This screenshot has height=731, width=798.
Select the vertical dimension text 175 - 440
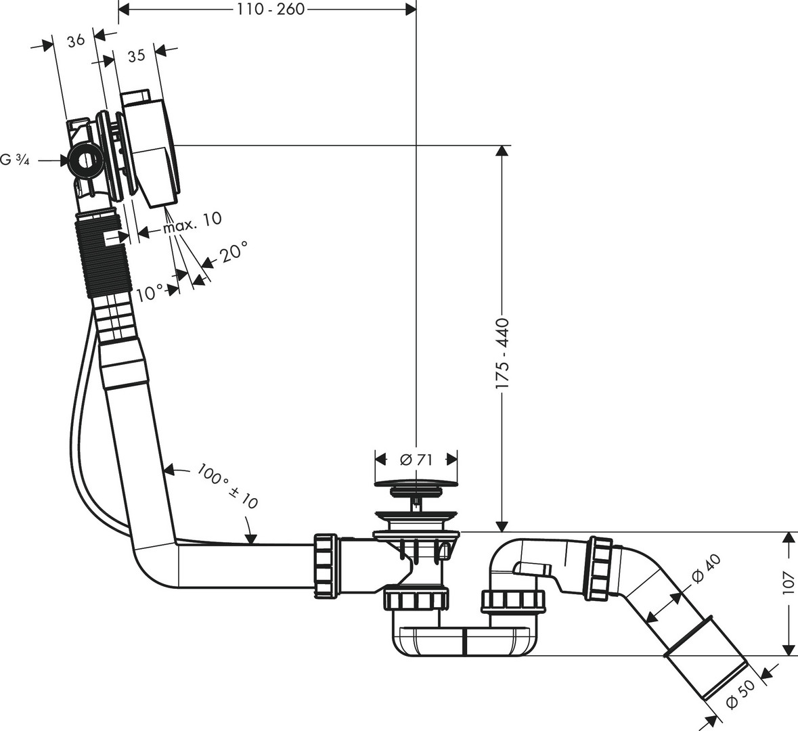pos(502,354)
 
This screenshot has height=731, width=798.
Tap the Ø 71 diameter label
pos(416,459)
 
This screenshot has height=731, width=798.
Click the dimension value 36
pos(76,40)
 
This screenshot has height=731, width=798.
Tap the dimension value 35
pos(136,56)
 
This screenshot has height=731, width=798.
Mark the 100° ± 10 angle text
pos(229,485)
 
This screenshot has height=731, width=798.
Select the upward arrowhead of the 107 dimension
pos(787,537)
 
